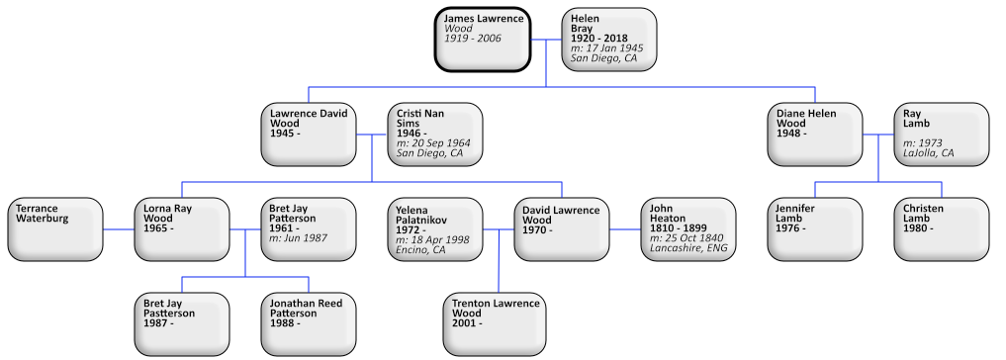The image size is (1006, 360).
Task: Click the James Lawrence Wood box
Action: tap(483, 40)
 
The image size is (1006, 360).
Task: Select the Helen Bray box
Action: tap(608, 40)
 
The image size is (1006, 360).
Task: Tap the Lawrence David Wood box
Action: tap(309, 134)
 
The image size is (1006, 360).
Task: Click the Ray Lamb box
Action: tap(942, 134)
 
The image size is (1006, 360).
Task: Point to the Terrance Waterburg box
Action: tap(55, 228)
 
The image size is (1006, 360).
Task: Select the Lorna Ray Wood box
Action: tap(182, 228)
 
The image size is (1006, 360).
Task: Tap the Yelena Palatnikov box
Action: tap(434, 228)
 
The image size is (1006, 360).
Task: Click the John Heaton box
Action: tap(688, 228)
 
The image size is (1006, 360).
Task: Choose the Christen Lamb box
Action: tap(942, 228)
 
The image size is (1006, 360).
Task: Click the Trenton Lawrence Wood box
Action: tap(498, 323)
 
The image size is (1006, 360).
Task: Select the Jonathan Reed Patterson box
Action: tap(309, 323)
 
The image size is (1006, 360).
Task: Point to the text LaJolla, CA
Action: tap(928, 153)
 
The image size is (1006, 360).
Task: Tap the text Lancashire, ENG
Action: tap(688, 249)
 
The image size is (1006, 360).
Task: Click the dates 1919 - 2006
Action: tap(473, 38)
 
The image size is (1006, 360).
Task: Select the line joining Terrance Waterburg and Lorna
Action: tap(118, 229)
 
